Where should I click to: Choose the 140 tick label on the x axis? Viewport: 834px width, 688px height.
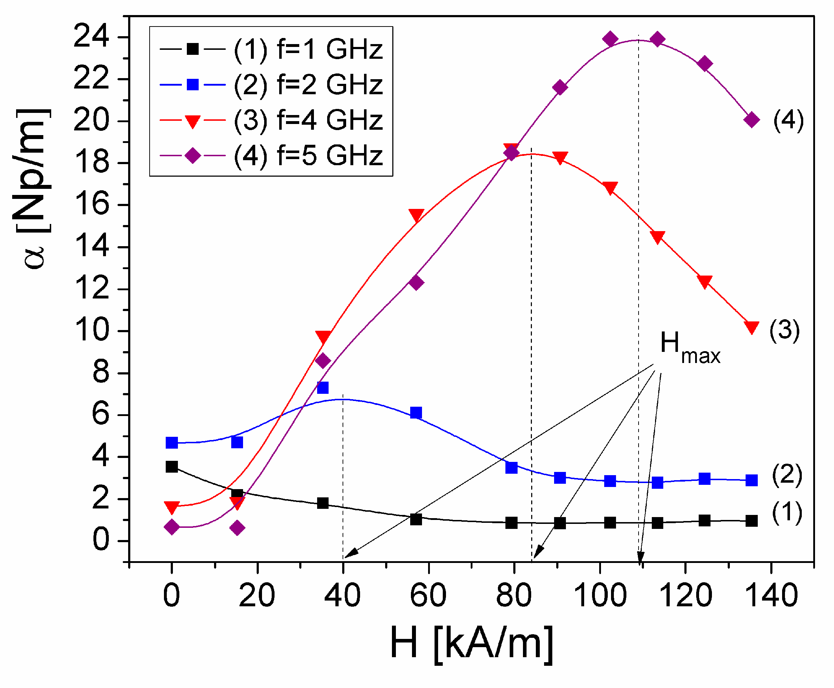771,596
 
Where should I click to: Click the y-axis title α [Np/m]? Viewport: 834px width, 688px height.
34,188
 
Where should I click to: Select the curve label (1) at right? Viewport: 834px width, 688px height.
787,512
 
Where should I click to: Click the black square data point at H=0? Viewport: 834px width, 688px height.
171,467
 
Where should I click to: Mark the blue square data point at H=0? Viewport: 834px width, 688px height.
171,442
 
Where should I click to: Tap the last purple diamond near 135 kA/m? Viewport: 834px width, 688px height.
751,120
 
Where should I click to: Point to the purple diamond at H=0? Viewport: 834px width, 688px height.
171,527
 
